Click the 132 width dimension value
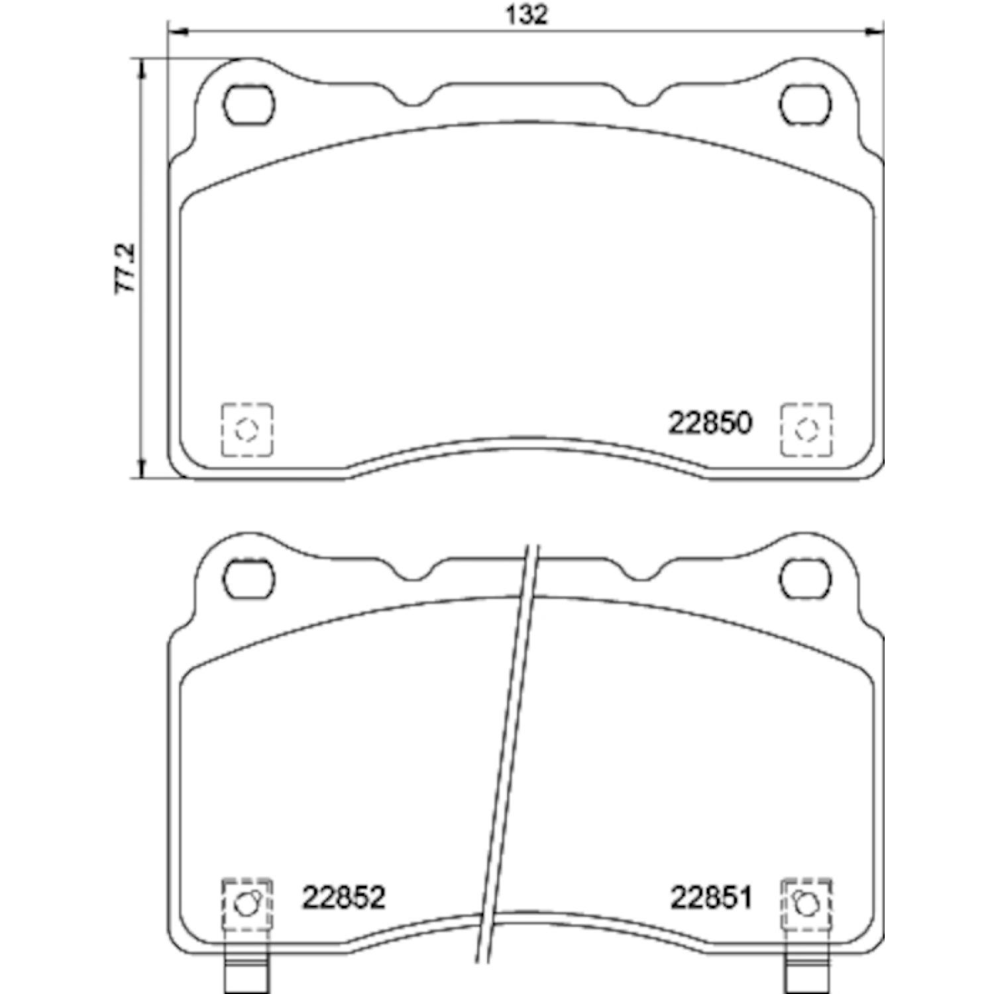527,15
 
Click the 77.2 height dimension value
126,268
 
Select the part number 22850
710,423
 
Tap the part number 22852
344,898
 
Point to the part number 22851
711,898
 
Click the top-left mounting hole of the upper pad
248,105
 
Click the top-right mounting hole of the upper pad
805,105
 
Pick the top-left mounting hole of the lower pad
248,579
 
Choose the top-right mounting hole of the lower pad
805,579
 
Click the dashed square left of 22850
247,429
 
